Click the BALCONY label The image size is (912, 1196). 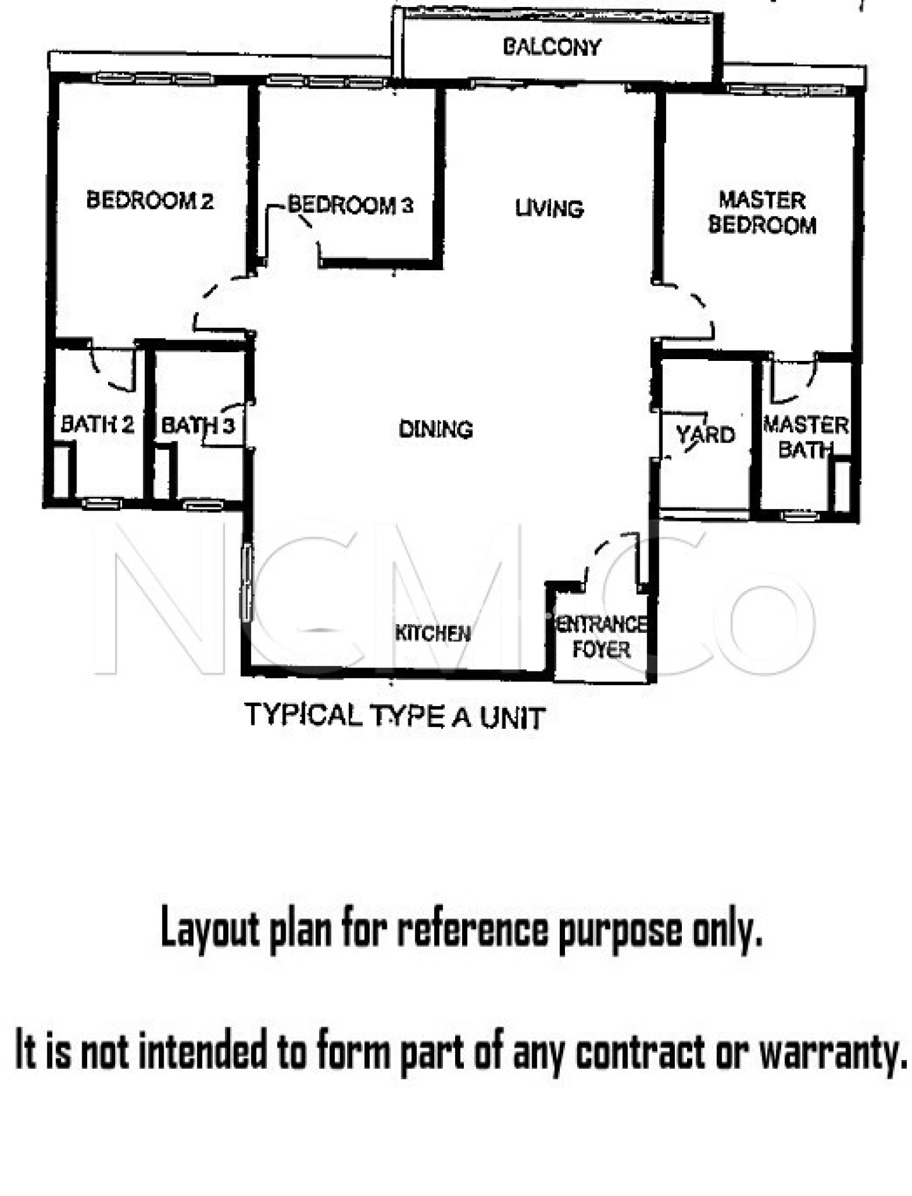[552, 47]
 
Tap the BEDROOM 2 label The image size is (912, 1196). [150, 200]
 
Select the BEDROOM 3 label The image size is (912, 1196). [351, 205]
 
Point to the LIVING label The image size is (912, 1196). [549, 208]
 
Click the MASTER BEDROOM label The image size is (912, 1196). [762, 213]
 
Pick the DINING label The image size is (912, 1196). [435, 429]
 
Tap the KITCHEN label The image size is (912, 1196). [432, 633]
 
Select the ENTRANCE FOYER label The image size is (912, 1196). [601, 637]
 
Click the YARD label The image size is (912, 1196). [705, 434]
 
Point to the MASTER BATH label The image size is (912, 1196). [806, 437]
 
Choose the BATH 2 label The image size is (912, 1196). [98, 424]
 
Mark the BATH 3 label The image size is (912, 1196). [197, 425]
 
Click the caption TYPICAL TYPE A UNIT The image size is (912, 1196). [395, 716]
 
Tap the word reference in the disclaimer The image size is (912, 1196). [473, 930]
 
